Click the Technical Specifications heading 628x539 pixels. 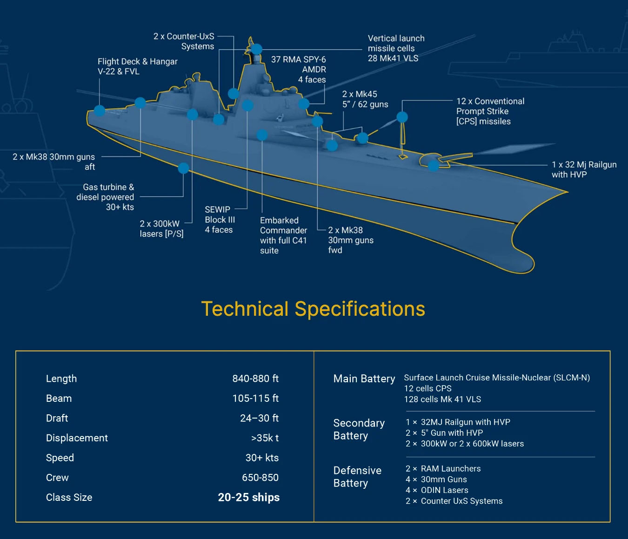[x=313, y=309]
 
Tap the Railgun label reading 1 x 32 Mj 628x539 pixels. [x=584, y=169]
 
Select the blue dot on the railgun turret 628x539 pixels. [x=434, y=165]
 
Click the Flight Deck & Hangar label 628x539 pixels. [x=137, y=66]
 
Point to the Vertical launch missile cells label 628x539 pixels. [x=396, y=48]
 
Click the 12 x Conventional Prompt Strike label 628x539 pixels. [x=490, y=111]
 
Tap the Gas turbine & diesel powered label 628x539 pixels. [x=106, y=197]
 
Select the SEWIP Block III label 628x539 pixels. [x=220, y=220]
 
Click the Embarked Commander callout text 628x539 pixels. [x=283, y=235]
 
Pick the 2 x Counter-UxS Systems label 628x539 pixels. [x=184, y=41]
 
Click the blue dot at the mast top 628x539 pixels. [x=256, y=49]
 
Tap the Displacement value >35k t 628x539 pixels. [x=265, y=438]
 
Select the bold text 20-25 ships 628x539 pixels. [x=248, y=497]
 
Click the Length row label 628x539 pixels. [x=61, y=379]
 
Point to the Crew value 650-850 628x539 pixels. [x=260, y=478]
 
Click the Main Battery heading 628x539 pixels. [x=364, y=379]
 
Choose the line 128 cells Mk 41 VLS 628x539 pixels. [x=442, y=399]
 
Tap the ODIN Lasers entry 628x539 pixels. [x=444, y=490]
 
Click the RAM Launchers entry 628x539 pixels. [x=450, y=469]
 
